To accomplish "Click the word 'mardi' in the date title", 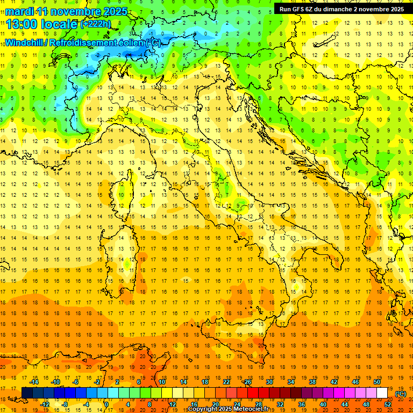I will pyautogui.click(x=19, y=11).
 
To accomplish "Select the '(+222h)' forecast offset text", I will pyautogui.click(x=96, y=24).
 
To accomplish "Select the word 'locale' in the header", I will pyautogui.click(x=60, y=24).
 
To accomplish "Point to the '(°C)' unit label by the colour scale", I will pyautogui.click(x=400, y=394).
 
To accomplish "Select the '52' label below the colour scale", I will pyautogui.click(x=388, y=404).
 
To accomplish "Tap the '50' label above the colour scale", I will pyautogui.click(x=377, y=382).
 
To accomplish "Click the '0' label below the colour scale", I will pyautogui.click(x=106, y=404).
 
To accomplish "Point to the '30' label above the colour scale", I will pyautogui.click(x=269, y=382).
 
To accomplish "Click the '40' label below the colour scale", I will pyautogui.click(x=323, y=404).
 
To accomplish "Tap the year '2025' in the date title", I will pyautogui.click(x=115, y=11).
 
